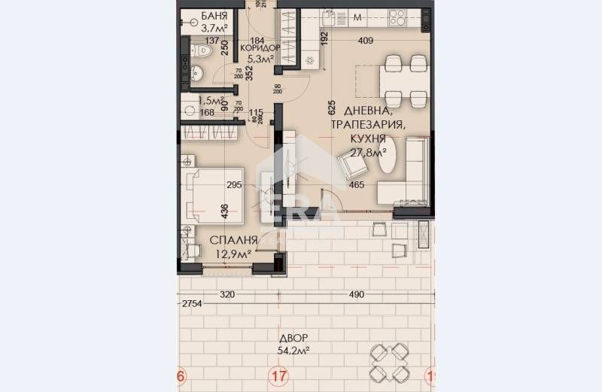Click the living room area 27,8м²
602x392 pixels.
[x=368, y=153]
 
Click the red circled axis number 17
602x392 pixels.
[x=280, y=376]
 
